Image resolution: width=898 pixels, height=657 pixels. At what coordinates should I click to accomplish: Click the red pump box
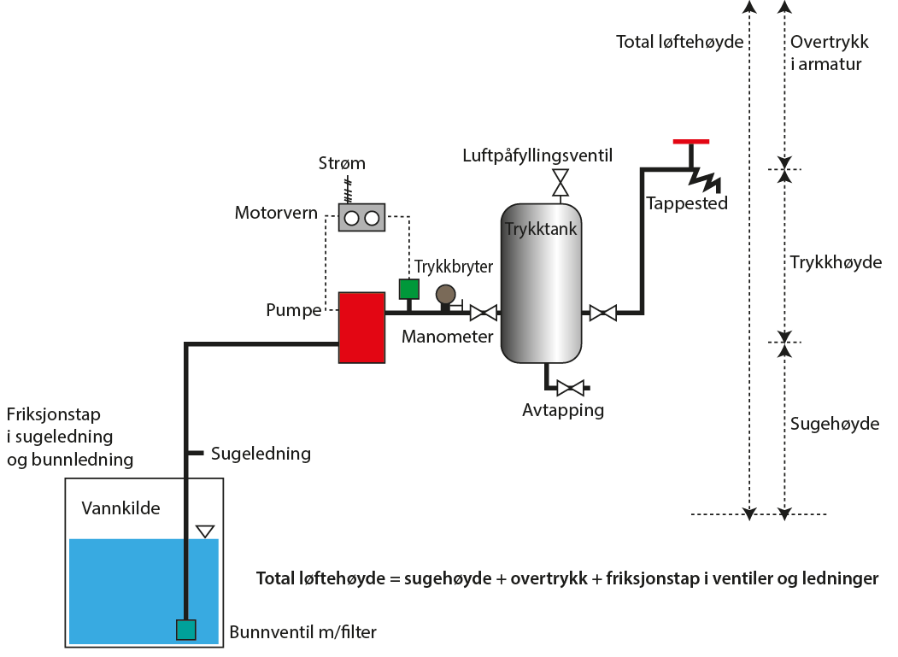[361, 327]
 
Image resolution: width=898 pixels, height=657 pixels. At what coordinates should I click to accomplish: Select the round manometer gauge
[445, 295]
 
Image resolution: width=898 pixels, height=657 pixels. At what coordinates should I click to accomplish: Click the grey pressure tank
[543, 282]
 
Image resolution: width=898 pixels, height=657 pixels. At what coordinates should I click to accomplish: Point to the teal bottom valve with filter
[186, 630]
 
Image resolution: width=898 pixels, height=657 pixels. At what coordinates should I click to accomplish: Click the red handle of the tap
[690, 142]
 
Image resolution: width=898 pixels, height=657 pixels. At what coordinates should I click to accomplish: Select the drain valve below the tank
[569, 388]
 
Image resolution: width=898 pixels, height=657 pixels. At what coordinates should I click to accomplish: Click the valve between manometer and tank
[484, 313]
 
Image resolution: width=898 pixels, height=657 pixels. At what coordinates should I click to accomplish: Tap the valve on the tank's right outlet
[603, 313]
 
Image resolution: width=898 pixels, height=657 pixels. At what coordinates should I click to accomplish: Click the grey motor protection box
[361, 217]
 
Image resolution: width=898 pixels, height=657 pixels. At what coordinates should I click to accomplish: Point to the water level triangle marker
[204, 531]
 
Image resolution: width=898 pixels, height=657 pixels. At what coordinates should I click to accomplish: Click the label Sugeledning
[261, 454]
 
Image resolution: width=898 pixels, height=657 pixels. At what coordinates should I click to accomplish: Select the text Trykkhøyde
[836, 262]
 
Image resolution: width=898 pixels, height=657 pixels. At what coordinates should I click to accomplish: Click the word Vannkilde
[120, 509]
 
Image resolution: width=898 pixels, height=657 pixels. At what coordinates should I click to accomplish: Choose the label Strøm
[341, 163]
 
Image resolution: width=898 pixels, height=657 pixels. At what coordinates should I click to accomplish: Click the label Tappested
[687, 203]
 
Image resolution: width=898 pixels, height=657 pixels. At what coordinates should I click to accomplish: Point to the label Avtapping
[563, 410]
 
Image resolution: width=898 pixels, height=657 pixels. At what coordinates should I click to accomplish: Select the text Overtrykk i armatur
[826, 53]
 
